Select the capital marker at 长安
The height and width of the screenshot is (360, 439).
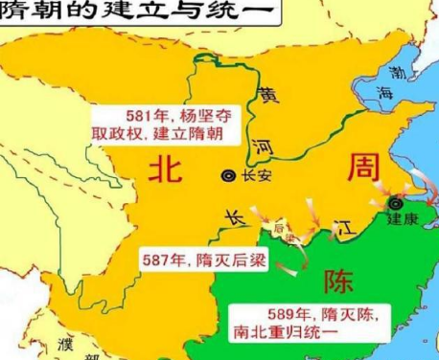point(228,175)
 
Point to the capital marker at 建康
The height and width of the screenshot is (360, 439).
point(395,204)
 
